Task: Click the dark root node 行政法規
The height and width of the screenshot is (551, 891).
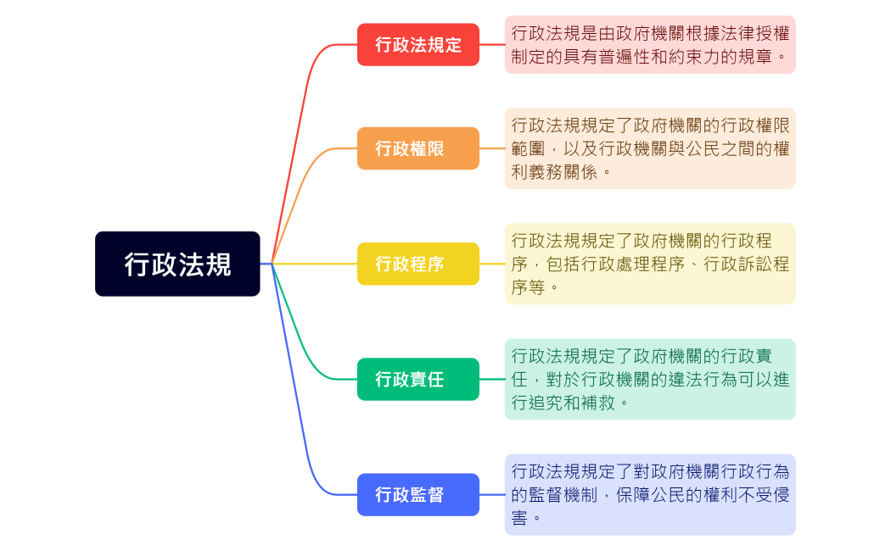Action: [x=177, y=264]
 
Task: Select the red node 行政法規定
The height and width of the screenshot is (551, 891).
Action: [x=417, y=45]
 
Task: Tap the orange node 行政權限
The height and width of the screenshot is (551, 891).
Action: [x=417, y=148]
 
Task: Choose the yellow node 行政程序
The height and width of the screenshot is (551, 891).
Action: [x=417, y=264]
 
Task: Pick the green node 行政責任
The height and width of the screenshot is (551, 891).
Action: [x=417, y=379]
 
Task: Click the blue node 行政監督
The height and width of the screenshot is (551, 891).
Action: [x=417, y=494]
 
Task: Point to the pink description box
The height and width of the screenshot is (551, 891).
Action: [x=650, y=45]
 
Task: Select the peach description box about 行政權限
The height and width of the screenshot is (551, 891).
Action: [x=650, y=148]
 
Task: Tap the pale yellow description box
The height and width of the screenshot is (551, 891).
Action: [x=650, y=264]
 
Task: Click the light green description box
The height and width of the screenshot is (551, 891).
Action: [x=650, y=379]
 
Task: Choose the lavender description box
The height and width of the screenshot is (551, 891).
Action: [x=650, y=494]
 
